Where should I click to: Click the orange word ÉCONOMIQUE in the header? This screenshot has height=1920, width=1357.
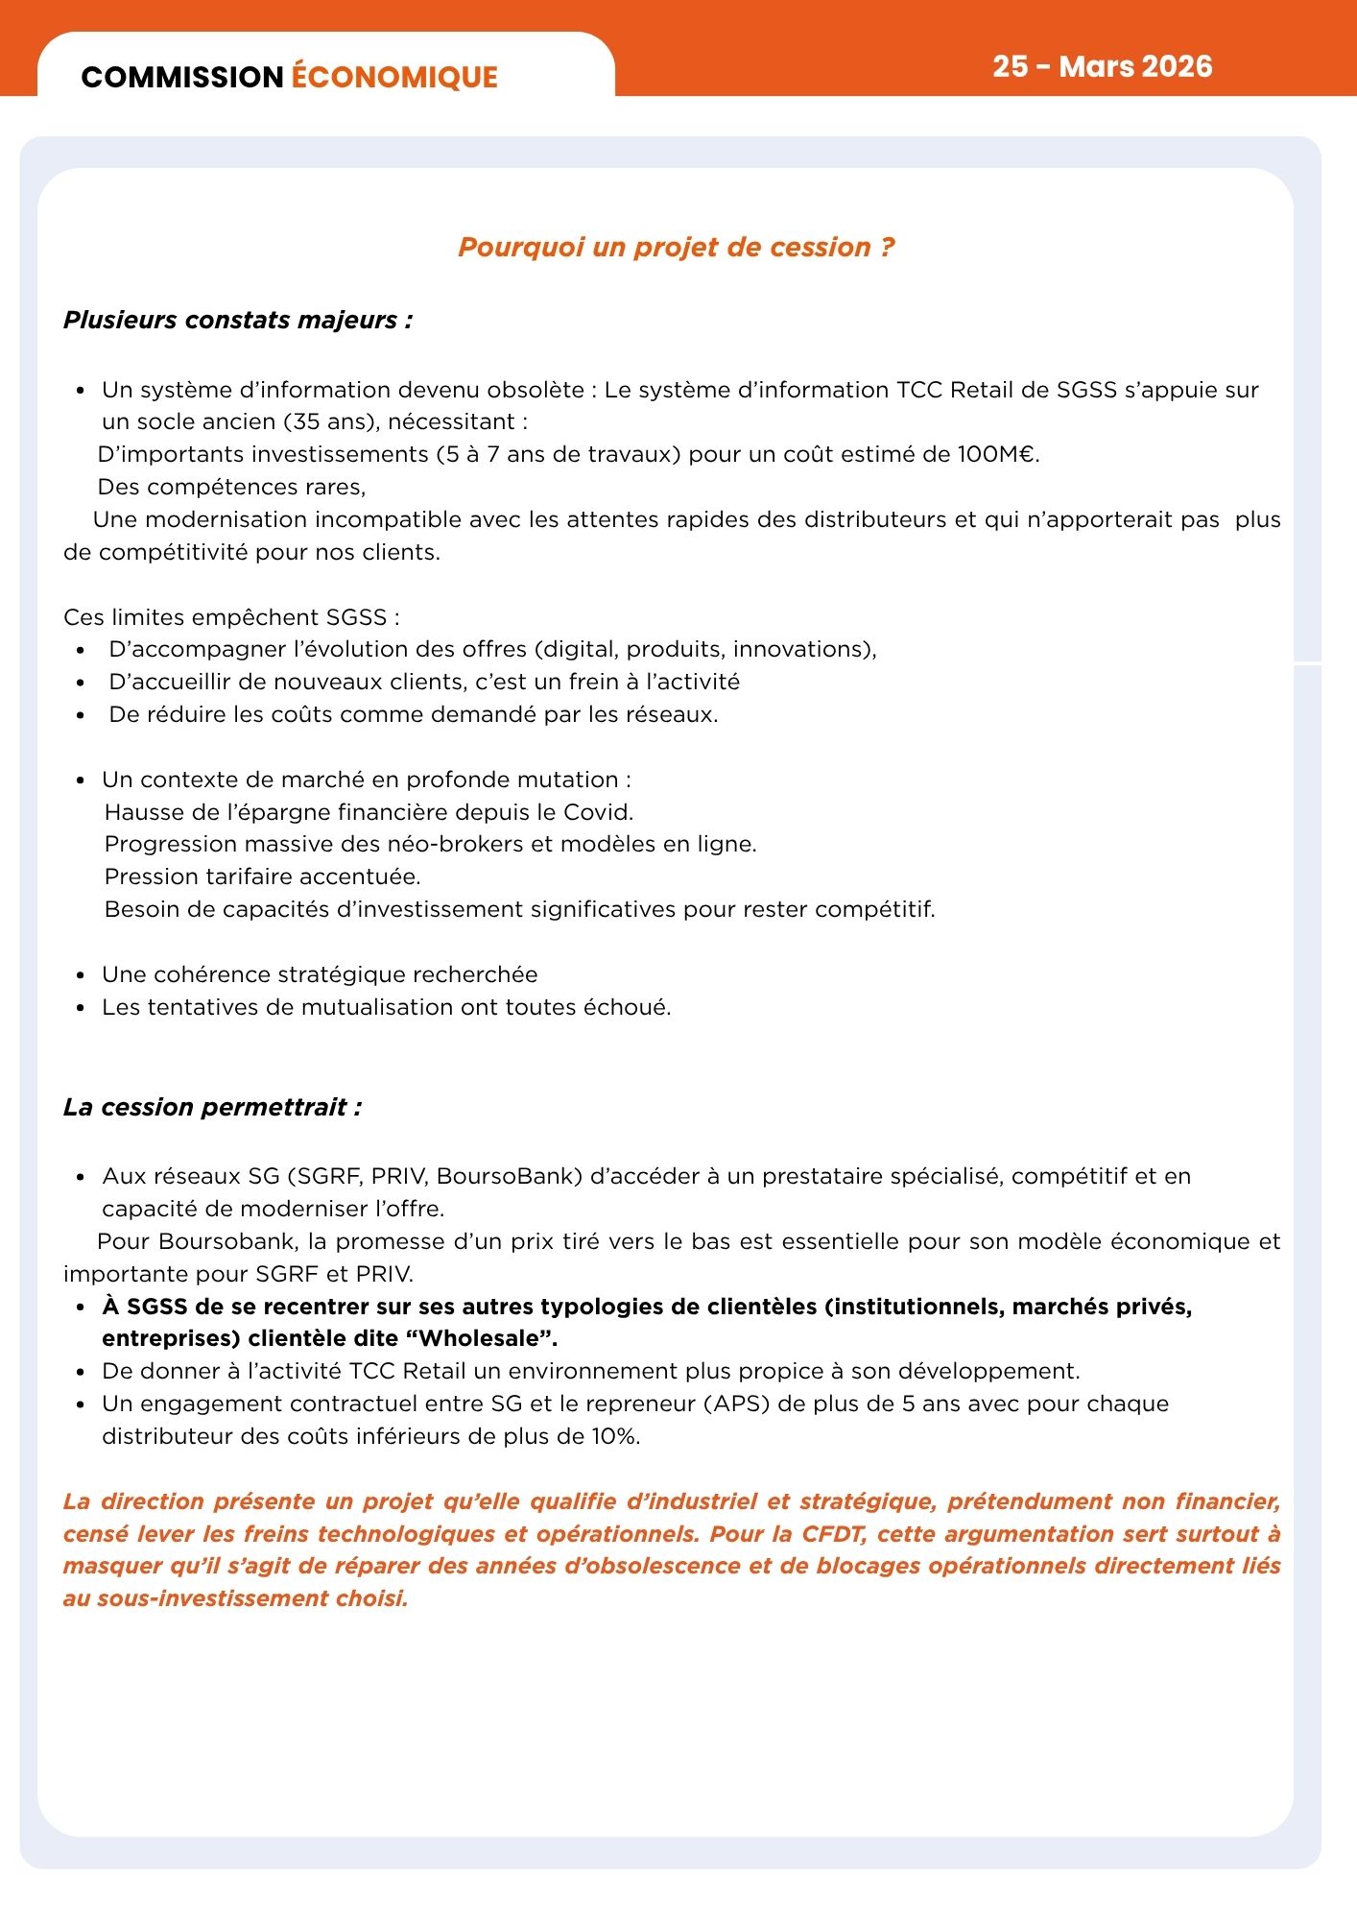(394, 77)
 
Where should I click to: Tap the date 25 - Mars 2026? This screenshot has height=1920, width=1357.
(1102, 66)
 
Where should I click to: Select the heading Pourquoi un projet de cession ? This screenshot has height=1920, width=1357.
(677, 247)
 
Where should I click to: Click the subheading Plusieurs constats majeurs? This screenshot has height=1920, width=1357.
(238, 320)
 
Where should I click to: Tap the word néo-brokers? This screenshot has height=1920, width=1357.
(455, 844)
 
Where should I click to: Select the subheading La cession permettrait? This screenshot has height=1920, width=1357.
(212, 1107)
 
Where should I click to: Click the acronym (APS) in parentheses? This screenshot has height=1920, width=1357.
(737, 1404)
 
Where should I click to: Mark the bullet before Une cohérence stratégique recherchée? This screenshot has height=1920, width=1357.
(82, 975)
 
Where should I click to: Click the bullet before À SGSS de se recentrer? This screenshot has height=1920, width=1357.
(82, 1308)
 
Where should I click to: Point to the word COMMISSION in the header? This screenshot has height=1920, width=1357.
(181, 77)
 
